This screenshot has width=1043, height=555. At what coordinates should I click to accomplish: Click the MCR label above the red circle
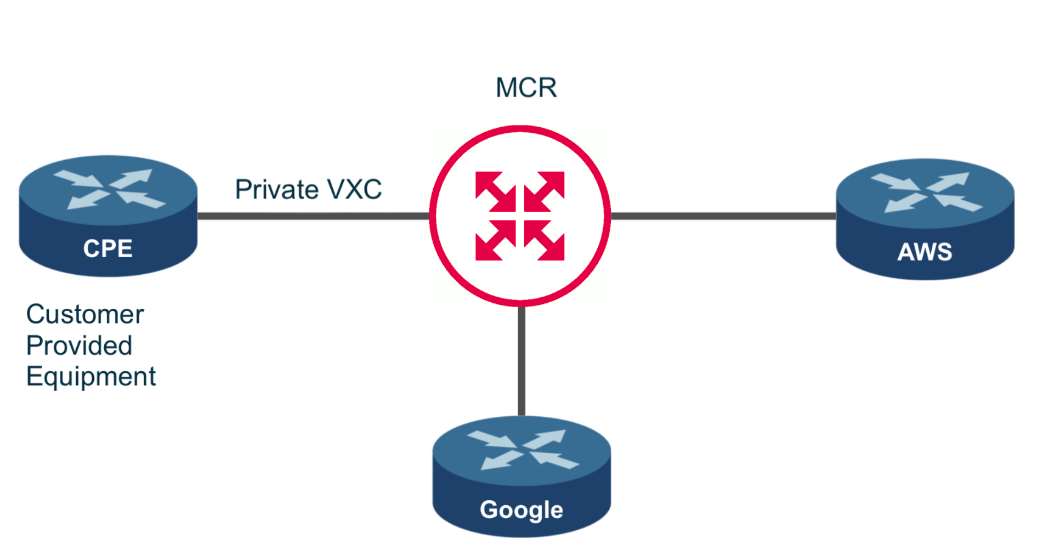point(526,88)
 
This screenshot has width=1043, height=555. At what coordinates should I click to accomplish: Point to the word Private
point(276,190)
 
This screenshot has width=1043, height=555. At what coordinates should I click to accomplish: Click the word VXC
point(354,190)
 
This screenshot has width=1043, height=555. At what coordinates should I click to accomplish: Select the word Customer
point(85,314)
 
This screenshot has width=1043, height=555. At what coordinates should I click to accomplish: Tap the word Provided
point(79,346)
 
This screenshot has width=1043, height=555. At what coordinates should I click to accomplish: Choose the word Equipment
point(90,377)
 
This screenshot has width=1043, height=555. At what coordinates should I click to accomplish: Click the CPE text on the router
point(107,248)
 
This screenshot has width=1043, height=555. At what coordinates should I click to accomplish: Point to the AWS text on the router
point(925,252)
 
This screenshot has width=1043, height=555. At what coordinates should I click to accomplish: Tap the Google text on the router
point(521,510)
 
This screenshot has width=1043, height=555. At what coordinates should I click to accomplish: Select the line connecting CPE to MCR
point(313,216)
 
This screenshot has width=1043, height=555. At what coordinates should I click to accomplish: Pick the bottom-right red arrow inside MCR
point(545,240)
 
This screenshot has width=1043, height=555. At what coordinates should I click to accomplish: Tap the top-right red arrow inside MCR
point(545,191)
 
